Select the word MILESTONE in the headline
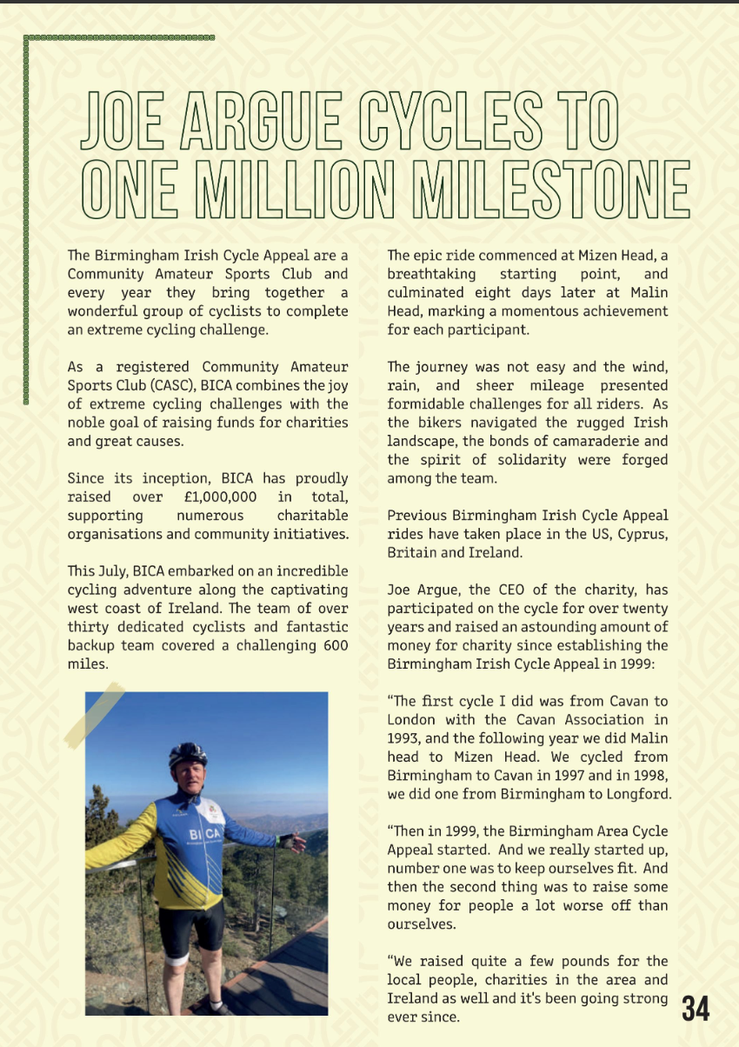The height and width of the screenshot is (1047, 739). click(552, 189)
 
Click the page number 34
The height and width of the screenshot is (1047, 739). click(696, 1008)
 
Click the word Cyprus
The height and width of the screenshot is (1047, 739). click(642, 534)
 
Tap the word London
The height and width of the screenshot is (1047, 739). click(412, 719)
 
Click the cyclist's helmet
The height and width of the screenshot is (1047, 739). click(188, 753)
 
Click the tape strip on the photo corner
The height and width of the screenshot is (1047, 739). click(94, 716)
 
